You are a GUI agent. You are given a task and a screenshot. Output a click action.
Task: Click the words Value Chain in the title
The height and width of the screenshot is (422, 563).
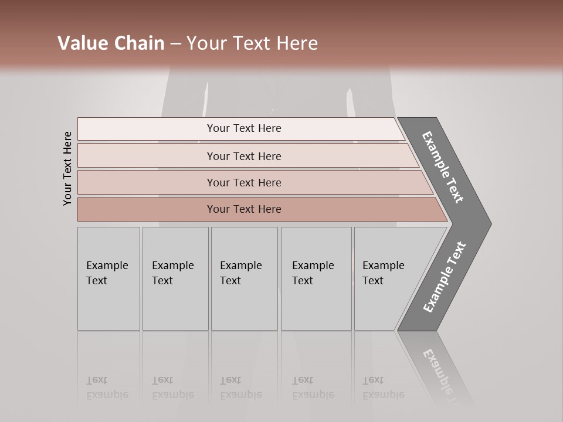click(111, 43)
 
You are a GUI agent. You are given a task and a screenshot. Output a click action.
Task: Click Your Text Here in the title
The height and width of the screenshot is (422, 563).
click(252, 43)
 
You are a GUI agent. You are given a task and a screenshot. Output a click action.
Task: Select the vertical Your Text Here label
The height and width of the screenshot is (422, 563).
click(68, 168)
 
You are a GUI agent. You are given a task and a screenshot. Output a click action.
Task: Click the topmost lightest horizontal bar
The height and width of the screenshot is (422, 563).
click(244, 128)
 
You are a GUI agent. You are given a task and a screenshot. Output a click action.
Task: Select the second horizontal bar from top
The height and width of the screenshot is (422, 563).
click(244, 156)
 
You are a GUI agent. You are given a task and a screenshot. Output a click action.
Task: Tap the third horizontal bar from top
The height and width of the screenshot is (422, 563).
click(244, 182)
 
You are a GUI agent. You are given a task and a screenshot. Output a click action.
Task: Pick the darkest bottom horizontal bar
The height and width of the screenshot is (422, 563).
click(244, 209)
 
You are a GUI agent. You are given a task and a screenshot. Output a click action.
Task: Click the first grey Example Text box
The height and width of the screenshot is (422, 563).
click(108, 278)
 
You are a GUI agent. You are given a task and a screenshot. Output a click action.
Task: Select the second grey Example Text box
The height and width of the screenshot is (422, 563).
click(175, 278)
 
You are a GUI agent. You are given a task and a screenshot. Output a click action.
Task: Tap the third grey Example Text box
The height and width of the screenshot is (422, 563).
click(244, 278)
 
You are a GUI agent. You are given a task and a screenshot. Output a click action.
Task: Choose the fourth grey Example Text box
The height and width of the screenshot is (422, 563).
click(316, 278)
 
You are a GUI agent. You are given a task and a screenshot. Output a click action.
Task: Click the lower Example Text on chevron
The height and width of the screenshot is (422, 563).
click(444, 277)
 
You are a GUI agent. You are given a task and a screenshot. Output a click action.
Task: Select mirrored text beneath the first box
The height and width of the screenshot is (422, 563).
click(107, 387)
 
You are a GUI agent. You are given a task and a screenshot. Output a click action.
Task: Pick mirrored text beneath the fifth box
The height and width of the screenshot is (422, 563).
click(383, 387)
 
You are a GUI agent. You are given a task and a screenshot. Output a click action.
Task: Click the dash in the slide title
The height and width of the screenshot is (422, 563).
click(175, 44)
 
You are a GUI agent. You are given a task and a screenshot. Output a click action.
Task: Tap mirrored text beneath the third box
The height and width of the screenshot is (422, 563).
click(240, 387)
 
